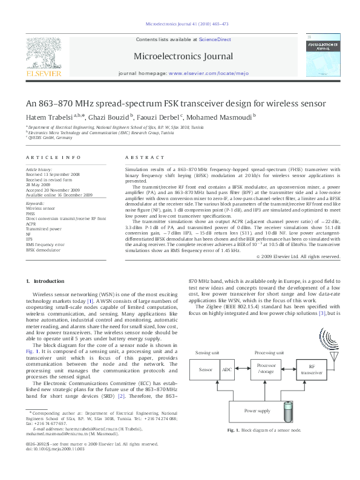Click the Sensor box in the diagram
click(206, 369)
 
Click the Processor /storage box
click(266, 369)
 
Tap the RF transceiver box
click(312, 369)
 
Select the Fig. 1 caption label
click(233, 447)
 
